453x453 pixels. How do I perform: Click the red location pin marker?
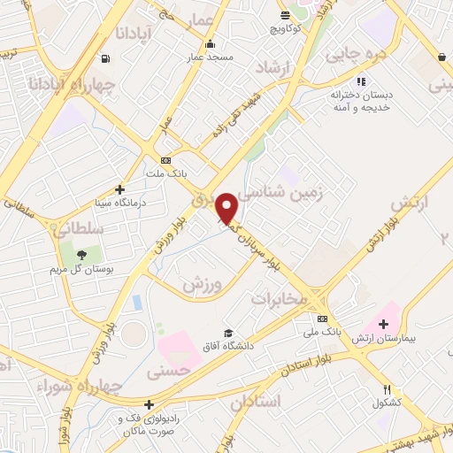(x=228, y=208)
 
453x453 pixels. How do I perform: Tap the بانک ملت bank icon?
(x=165, y=160)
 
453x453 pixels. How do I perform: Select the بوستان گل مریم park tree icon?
(x=93, y=256)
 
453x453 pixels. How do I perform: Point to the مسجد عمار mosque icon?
(x=210, y=43)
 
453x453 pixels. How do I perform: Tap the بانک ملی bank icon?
(x=322, y=319)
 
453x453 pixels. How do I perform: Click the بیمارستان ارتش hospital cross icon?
(x=383, y=325)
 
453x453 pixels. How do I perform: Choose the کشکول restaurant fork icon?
(x=387, y=389)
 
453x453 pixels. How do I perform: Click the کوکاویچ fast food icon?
(x=285, y=15)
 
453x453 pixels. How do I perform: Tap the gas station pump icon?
(x=107, y=59)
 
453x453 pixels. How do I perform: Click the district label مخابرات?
(x=278, y=299)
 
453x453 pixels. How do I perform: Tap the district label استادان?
(x=256, y=401)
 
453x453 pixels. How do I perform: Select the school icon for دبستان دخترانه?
(x=360, y=81)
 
